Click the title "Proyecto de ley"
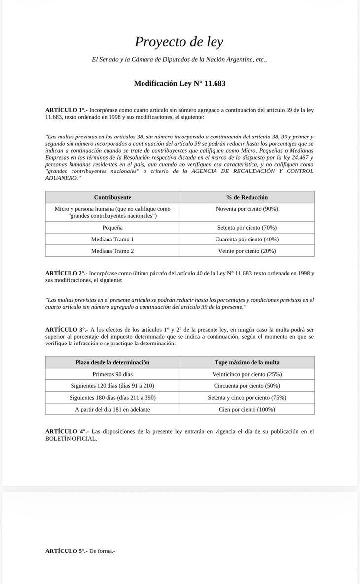[179, 42]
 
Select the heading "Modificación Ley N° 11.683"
[180, 83]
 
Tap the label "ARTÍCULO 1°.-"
[66, 110]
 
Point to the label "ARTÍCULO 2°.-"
[66, 273]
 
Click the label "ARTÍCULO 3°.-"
[66, 329]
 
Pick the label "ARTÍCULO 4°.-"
[66, 431]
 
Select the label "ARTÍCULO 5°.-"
[66, 551]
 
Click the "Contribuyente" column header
[112, 197]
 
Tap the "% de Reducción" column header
[247, 197]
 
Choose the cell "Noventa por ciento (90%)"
[247, 209]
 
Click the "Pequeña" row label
[112, 228]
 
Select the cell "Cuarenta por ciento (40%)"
[247, 239]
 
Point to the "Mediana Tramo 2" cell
[112, 251]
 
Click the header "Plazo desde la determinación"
[112, 362]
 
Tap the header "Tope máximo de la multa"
[247, 362]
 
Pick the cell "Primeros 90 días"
[112, 374]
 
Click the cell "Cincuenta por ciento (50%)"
[247, 386]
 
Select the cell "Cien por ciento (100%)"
[247, 409]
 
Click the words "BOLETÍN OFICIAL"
[71, 439]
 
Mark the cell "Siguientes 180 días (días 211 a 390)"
[112, 397]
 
